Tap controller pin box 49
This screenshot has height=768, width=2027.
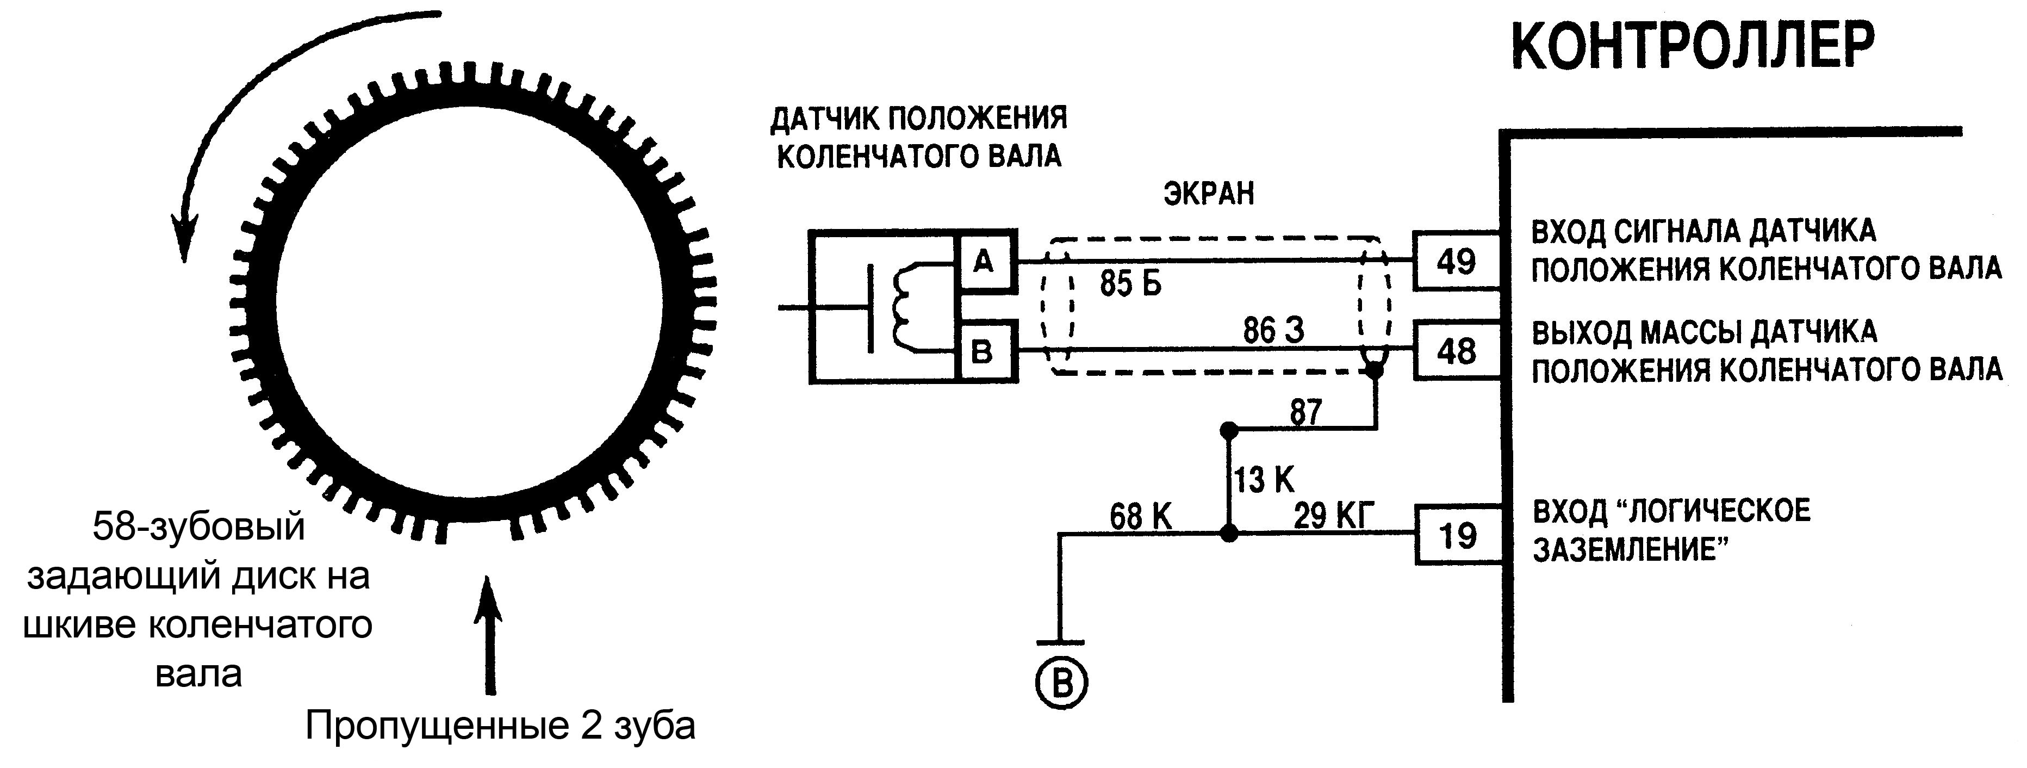[x=1456, y=261]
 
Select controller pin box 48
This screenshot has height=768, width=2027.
[x=1456, y=351]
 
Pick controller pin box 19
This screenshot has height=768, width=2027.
[x=1457, y=535]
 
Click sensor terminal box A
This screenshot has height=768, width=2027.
[x=984, y=261]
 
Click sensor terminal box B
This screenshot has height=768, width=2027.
[x=984, y=351]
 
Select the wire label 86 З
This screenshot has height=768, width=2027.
[x=1273, y=331]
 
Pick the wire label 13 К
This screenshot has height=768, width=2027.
[x=1264, y=479]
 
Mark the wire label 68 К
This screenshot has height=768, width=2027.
[x=1140, y=517]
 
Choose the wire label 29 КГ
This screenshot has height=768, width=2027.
[x=1334, y=517]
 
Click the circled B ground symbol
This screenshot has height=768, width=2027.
[x=1061, y=684]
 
